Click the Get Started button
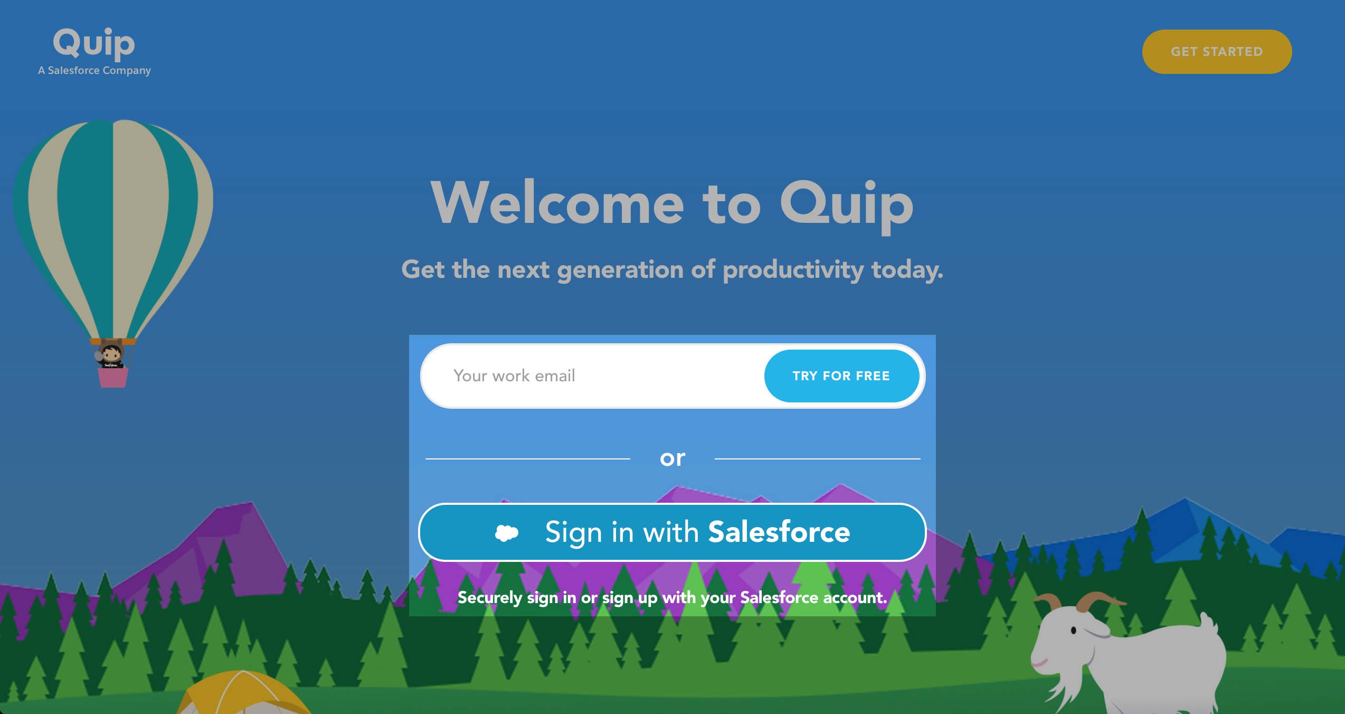1217,52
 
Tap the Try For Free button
841,376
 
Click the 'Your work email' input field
591,376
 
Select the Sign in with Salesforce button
672,532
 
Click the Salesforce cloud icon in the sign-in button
507,533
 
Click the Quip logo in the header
94,43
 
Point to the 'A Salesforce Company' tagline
94,70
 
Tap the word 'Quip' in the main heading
847,206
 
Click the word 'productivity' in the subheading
793,270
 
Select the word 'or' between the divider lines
672,458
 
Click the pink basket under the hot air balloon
113,378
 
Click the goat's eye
1074,631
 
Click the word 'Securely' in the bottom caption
489,598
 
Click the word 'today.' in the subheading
907,270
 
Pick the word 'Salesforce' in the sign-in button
779,532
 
